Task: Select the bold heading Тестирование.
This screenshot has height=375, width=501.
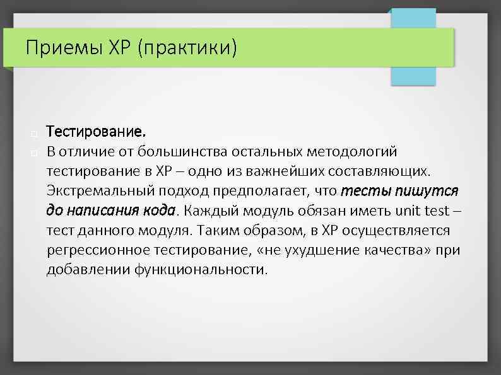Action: click(96, 133)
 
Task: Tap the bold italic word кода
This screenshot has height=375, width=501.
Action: click(161, 211)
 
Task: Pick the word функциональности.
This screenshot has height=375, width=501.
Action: click(200, 269)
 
